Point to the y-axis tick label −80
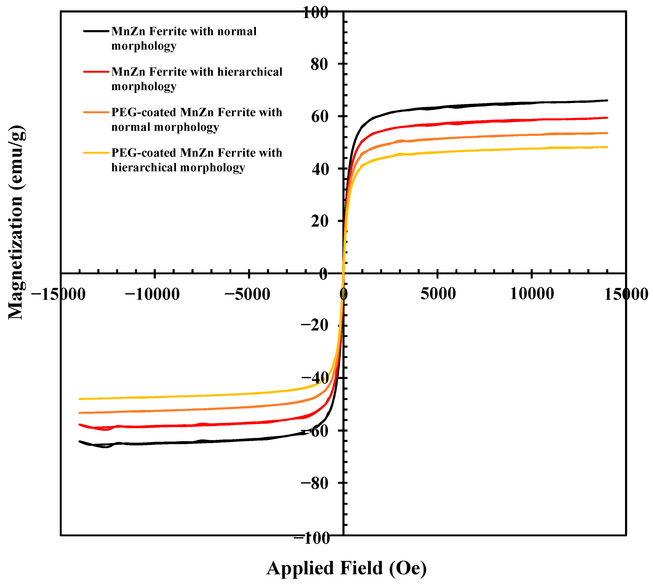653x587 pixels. click(315, 483)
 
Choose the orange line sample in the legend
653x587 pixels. click(96, 112)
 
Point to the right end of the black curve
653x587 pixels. click(607, 100)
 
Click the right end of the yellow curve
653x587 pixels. click(607, 147)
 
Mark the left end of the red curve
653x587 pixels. click(79, 424)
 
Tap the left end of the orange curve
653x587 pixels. click(79, 413)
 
